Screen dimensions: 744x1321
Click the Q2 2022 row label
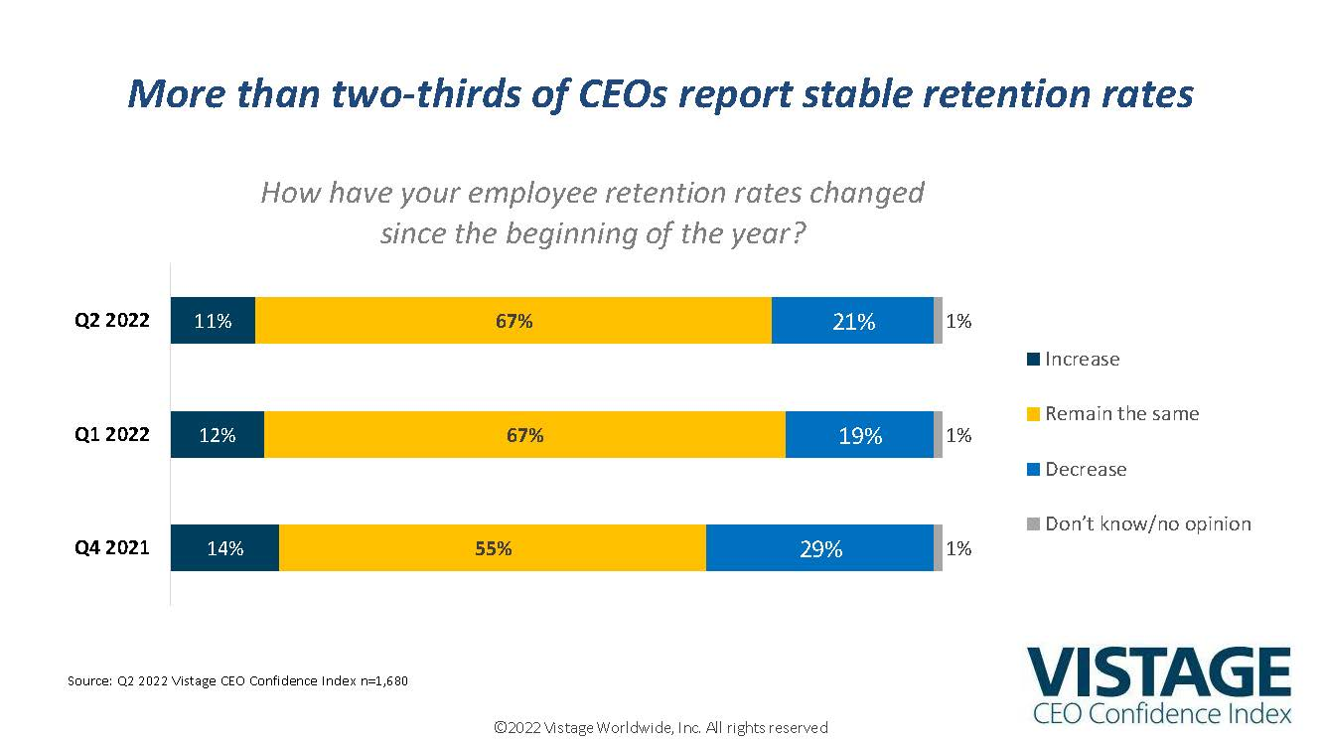pos(112,321)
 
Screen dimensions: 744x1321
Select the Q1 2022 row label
pos(112,435)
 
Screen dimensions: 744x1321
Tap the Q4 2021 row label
pos(112,547)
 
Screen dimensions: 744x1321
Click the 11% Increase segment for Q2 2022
pos(213,321)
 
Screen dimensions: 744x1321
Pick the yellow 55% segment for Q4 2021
pos(493,547)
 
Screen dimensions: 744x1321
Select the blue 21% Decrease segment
pos(853,321)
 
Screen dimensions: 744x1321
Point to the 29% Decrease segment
pos(820,547)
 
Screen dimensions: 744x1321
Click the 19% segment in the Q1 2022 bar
pos(860,435)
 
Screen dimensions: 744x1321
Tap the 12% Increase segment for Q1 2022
pos(218,435)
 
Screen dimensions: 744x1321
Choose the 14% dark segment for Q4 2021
pos(224,547)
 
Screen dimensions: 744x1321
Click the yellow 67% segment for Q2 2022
pos(514,321)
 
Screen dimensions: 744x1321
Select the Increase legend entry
pos(1081,360)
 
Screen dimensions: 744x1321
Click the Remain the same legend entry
pos(1120,414)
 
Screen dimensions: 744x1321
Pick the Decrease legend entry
pos(1085,469)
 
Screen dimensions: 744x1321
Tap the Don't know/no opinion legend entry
pos(1146,523)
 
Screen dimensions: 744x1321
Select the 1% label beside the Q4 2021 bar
pos(958,548)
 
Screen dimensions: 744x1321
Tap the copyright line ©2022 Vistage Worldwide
pos(660,728)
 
